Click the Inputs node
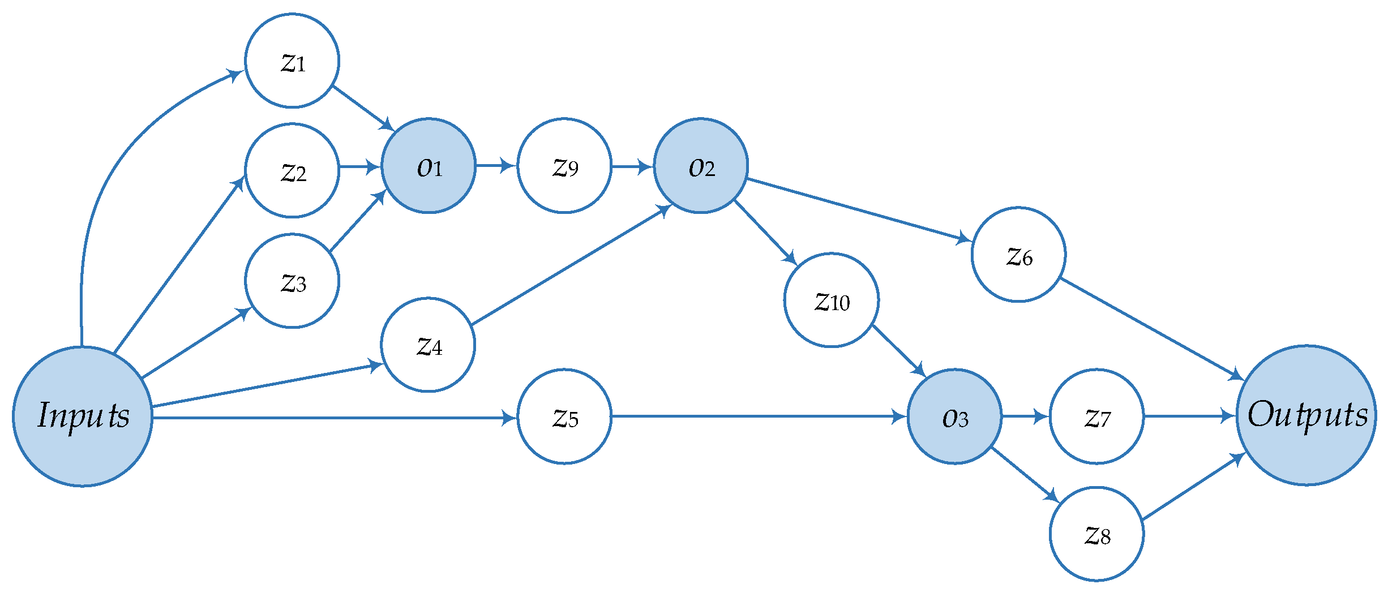click(x=83, y=416)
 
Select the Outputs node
click(x=1306, y=415)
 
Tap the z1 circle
click(x=292, y=61)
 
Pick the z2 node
click(x=292, y=170)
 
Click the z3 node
click(x=292, y=281)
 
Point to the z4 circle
click(x=428, y=345)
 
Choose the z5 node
click(x=564, y=416)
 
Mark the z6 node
click(x=1018, y=255)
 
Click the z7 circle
click(x=1096, y=416)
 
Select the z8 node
click(x=1096, y=534)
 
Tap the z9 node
click(x=564, y=166)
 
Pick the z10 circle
click(x=831, y=300)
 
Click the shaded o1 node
click(x=429, y=166)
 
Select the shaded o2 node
click(x=701, y=166)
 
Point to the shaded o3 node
click(x=954, y=416)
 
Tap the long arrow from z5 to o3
click(x=759, y=416)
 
